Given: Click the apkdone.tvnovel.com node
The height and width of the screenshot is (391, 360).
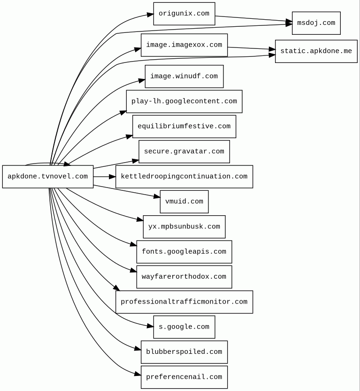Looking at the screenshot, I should [x=48, y=177].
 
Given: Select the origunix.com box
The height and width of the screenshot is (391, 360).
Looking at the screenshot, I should [x=184, y=14].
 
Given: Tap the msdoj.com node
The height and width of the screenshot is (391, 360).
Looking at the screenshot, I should [x=316, y=23].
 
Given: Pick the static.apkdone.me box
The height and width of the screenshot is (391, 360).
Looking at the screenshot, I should [x=316, y=51].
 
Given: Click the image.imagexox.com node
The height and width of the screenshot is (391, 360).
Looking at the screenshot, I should [x=184, y=45].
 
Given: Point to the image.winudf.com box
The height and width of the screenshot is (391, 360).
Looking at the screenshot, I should [x=184, y=76].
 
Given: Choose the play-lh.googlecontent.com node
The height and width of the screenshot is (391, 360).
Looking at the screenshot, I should [x=184, y=102].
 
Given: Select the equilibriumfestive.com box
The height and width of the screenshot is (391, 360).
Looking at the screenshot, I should [x=184, y=126].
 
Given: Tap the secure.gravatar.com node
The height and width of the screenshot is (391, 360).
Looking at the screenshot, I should [x=184, y=151].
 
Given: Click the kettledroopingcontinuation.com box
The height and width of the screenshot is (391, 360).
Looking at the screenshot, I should [x=184, y=177].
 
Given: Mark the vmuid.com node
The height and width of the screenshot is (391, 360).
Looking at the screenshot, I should [x=184, y=202].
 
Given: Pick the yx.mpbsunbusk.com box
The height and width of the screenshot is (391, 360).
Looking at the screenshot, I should [x=184, y=227].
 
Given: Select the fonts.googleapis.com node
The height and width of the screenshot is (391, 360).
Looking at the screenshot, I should [x=184, y=252].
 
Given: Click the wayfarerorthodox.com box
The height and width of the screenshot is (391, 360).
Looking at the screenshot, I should [x=184, y=277].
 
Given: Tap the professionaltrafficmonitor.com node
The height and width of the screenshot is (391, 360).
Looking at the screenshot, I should [x=184, y=302].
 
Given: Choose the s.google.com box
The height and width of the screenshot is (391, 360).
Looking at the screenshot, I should [x=184, y=327].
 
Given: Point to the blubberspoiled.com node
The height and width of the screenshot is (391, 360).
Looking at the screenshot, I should [x=184, y=352].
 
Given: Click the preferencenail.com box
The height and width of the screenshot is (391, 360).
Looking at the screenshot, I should [x=184, y=377].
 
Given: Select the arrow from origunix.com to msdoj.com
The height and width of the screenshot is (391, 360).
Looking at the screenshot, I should [x=253, y=19].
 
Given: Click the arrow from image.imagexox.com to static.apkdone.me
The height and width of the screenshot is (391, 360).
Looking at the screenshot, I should [x=251, y=48].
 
